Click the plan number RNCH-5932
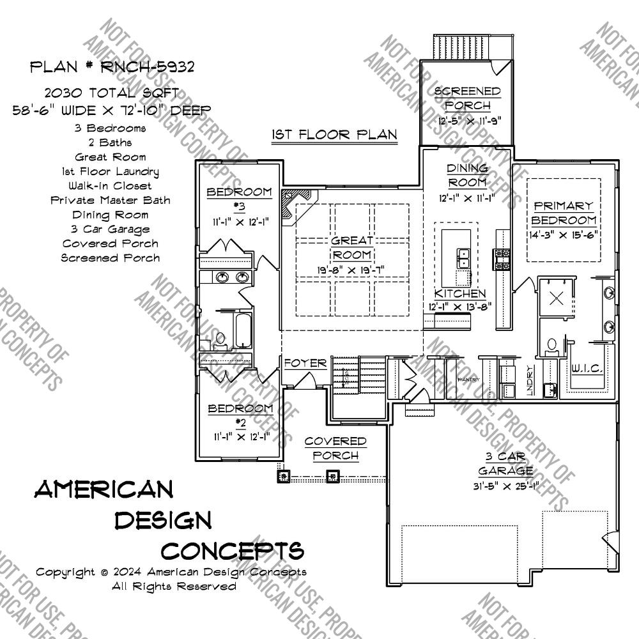(x=112, y=66)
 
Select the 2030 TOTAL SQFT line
(x=112, y=93)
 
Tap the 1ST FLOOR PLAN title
(x=334, y=135)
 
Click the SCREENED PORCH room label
(x=467, y=98)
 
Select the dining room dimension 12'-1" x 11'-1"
(x=467, y=198)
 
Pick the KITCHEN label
(x=460, y=294)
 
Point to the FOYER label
(x=305, y=364)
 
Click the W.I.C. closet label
(x=585, y=369)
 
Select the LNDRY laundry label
(x=530, y=381)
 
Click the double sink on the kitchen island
(x=463, y=258)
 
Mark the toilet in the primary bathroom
(x=551, y=345)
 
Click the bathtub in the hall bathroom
(x=243, y=328)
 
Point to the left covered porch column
(x=282, y=476)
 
